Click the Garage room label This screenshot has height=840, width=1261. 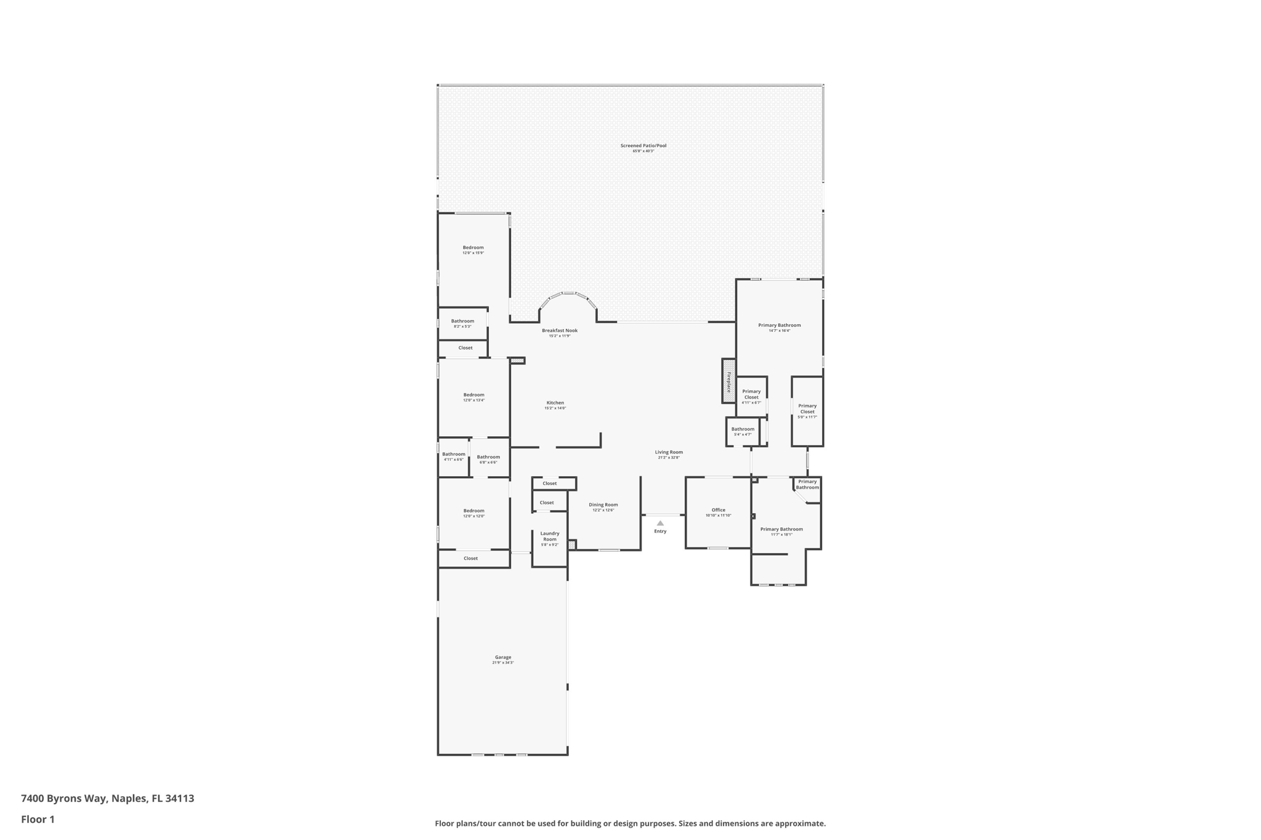click(x=502, y=657)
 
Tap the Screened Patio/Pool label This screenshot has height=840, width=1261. click(x=643, y=146)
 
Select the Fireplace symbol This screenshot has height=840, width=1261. click(x=728, y=382)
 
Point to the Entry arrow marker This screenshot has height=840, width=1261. click(x=660, y=523)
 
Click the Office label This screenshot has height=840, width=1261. click(x=718, y=510)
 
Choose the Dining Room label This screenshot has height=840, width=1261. click(x=603, y=505)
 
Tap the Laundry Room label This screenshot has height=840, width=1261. click(x=549, y=536)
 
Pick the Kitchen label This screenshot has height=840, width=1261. click(x=555, y=403)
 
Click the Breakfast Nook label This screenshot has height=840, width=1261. click(x=560, y=330)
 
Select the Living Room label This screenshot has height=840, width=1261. click(x=669, y=452)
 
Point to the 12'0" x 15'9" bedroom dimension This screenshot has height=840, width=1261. click(x=473, y=253)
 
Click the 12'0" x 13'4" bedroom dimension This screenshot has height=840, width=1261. click(x=473, y=400)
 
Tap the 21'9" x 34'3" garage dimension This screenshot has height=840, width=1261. click(x=502, y=663)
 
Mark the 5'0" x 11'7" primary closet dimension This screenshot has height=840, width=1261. click(x=807, y=417)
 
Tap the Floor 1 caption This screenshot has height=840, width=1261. click(x=38, y=820)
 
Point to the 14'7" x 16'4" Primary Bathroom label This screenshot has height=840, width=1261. click(x=779, y=326)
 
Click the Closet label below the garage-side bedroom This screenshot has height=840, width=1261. click(x=470, y=559)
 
